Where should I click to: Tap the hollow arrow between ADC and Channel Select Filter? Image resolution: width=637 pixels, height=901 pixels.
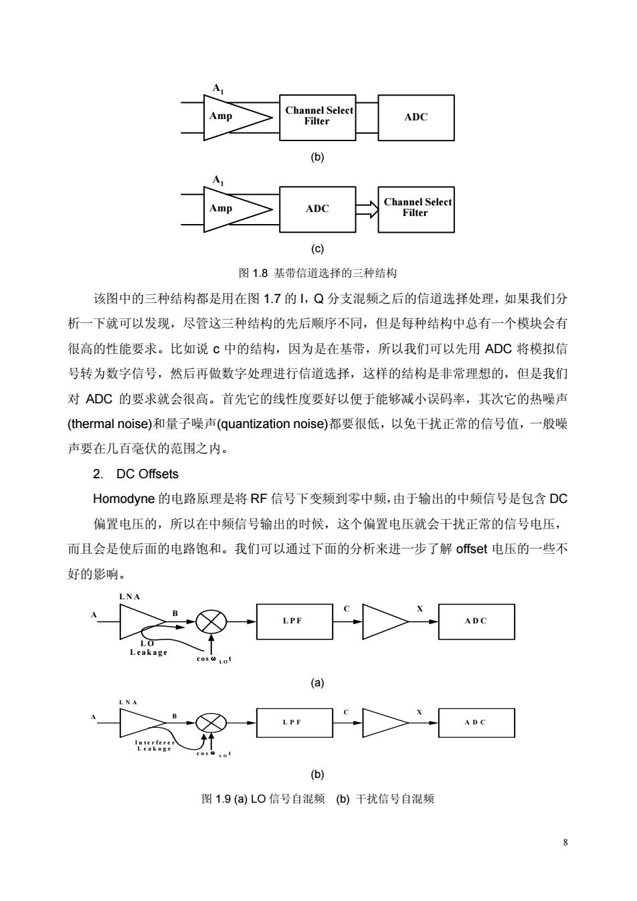click(367, 209)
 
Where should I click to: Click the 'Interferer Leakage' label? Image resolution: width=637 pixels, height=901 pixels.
click(155, 745)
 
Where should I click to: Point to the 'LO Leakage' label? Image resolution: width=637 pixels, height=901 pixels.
click(148, 647)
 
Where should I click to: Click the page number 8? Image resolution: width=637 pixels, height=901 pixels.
click(565, 842)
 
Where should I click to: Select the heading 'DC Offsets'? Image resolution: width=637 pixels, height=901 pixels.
click(147, 474)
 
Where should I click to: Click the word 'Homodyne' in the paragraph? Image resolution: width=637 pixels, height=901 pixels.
click(124, 499)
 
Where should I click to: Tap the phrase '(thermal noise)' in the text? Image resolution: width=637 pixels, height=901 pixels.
click(110, 423)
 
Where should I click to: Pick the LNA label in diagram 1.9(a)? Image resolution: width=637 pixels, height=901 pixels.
click(130, 597)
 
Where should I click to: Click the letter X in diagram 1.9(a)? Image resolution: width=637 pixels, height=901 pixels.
click(420, 609)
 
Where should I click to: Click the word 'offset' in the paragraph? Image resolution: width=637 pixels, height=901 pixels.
click(471, 548)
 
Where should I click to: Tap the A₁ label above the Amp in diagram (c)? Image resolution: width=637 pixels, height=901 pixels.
click(218, 179)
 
